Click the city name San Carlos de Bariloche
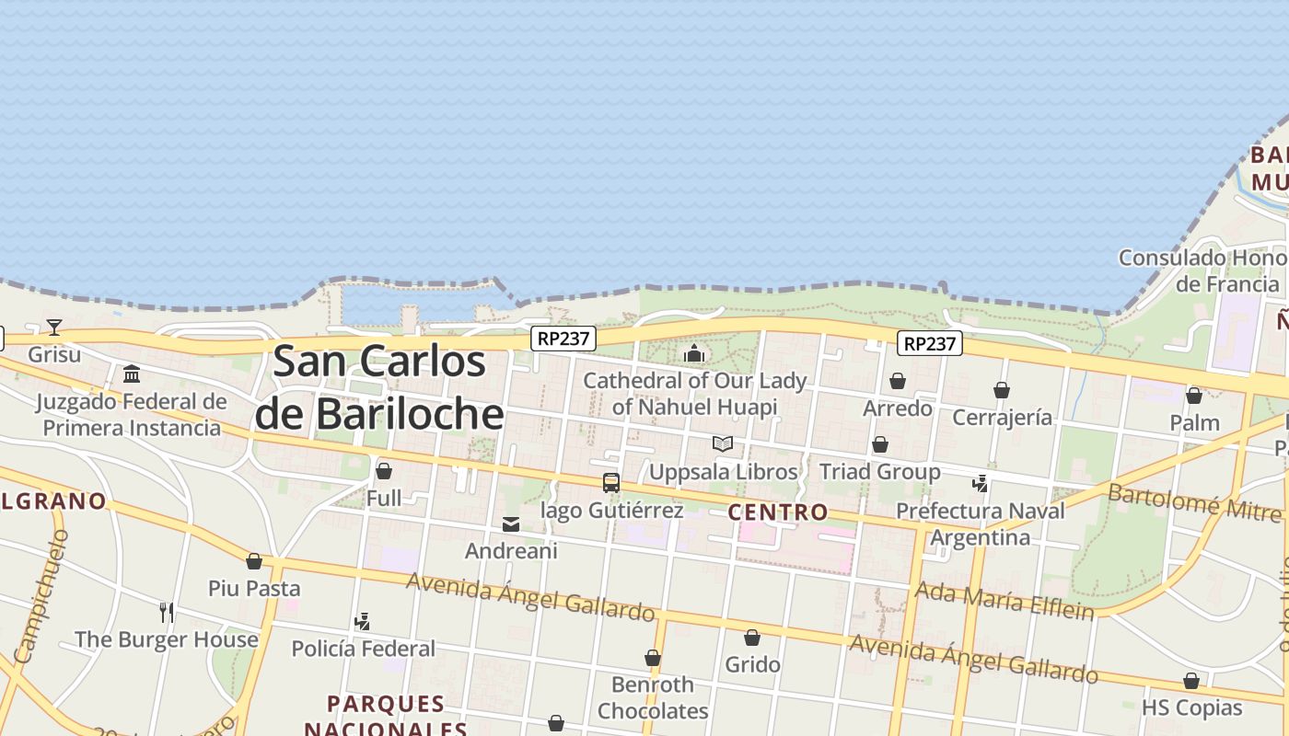click(x=379, y=386)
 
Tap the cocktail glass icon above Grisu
click(x=54, y=327)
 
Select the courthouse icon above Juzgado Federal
click(x=132, y=374)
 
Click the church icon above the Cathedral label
click(x=694, y=353)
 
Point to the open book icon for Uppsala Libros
click(x=723, y=444)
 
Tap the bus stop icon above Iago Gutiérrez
click(x=610, y=482)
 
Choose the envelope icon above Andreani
click(x=511, y=524)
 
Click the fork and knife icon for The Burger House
click(x=167, y=612)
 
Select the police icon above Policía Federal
click(x=363, y=622)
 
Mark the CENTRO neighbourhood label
click(x=778, y=512)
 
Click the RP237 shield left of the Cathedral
click(x=563, y=339)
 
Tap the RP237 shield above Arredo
click(x=930, y=343)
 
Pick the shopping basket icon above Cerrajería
click(x=1002, y=391)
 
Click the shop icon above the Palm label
click(x=1194, y=397)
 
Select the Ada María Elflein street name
click(x=1004, y=600)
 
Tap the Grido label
click(x=752, y=664)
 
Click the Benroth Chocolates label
click(x=653, y=697)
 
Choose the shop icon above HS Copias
click(x=1191, y=682)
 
